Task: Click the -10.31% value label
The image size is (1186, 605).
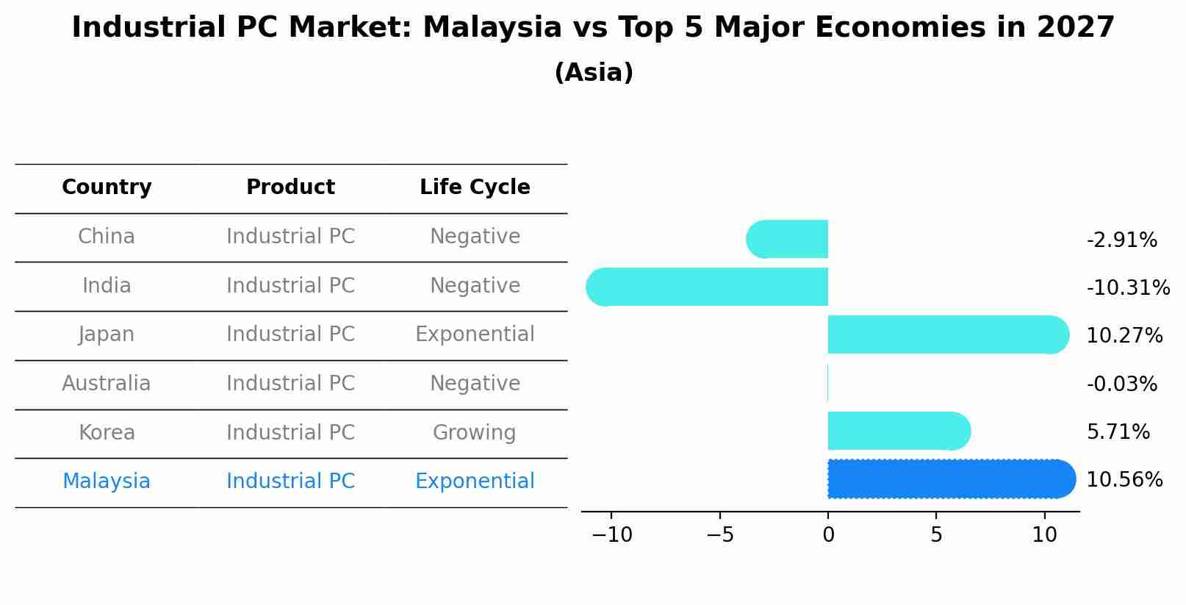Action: (1128, 288)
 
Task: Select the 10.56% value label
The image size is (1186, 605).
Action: (1124, 480)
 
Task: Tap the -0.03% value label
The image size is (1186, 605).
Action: (1121, 384)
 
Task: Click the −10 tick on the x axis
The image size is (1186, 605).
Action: (611, 535)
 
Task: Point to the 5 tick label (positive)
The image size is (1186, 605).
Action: (936, 535)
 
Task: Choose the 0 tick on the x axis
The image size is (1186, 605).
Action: (828, 535)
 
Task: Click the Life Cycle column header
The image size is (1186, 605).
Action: (475, 187)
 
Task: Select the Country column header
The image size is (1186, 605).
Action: (107, 187)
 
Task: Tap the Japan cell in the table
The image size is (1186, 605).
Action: (107, 334)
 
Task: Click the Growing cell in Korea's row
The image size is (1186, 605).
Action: (474, 433)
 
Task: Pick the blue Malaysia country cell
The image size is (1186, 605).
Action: (107, 482)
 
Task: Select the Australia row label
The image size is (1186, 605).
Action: (107, 384)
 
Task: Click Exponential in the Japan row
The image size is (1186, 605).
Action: (475, 334)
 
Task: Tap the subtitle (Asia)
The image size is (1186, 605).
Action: (594, 73)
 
